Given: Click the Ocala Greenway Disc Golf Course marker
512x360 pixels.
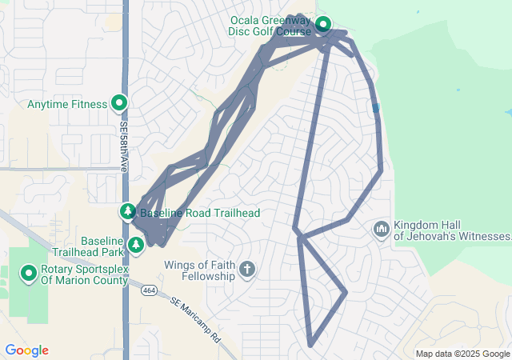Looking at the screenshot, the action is pos(323,24).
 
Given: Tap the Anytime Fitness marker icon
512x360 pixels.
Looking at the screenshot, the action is pos(119,103).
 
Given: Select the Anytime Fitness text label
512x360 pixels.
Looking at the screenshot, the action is pos(67,104).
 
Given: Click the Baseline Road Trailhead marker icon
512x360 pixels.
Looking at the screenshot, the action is pos(128,212).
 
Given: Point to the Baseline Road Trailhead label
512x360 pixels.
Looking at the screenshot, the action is pos(200,213).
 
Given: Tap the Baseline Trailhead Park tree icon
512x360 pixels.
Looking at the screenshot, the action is pos(136,243).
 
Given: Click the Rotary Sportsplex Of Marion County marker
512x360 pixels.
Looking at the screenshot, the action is pos(29,274).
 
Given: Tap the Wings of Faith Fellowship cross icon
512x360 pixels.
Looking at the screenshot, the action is pos(246,270).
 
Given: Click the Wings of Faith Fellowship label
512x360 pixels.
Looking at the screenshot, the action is pos(199,270).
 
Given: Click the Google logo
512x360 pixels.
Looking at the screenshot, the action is pos(26,350).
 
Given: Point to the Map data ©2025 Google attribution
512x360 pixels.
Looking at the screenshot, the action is pos(462,354).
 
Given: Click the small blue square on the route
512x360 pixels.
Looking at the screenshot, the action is pos(375,108).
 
